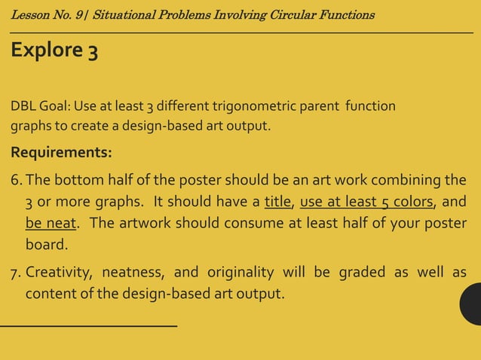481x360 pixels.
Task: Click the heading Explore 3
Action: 54,51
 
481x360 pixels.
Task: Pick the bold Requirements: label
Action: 61,153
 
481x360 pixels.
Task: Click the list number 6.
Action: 16,180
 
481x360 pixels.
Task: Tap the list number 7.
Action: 16,271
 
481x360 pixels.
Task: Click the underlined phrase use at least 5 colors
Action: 366,202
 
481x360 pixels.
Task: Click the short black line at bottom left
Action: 88,325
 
